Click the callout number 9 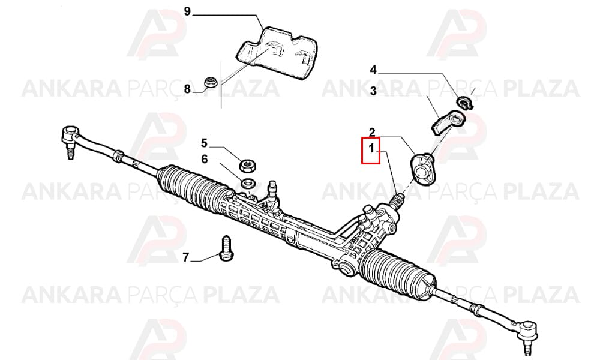[187, 11]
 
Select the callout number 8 [187, 89]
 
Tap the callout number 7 [185, 258]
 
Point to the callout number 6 [205, 159]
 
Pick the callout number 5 [205, 143]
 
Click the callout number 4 [373, 70]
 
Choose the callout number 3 [373, 91]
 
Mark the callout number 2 [372, 133]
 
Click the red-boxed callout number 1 [371, 148]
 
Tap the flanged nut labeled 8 [209, 82]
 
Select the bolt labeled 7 [226, 248]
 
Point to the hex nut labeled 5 [248, 165]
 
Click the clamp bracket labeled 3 [448, 122]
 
